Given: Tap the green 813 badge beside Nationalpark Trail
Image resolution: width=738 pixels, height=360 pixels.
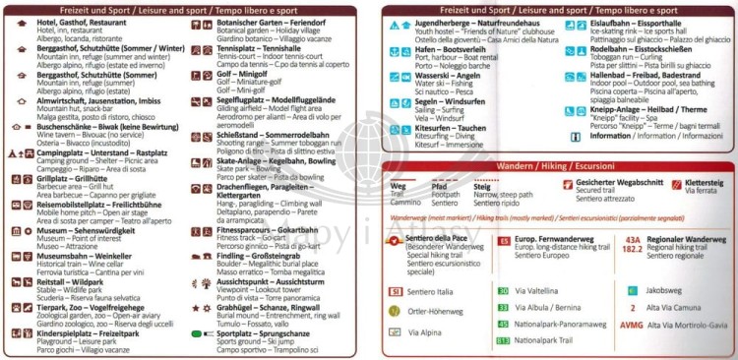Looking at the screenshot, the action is pyautogui.click(x=503, y=340).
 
